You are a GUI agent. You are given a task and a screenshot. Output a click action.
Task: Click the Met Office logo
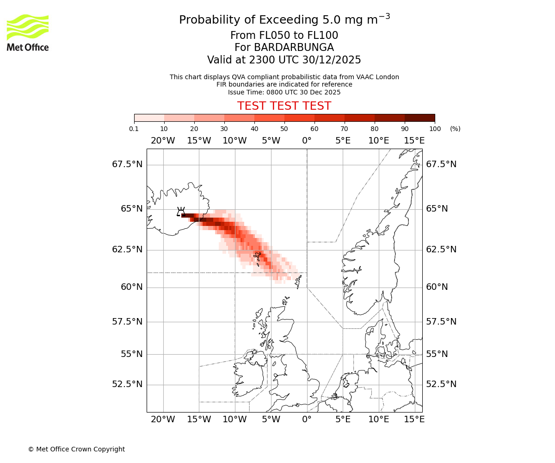28,32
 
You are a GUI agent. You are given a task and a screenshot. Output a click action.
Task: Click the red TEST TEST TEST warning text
284,106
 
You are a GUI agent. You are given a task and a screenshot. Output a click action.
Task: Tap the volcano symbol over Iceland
181,212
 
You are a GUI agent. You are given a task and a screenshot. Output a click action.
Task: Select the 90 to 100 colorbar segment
419,118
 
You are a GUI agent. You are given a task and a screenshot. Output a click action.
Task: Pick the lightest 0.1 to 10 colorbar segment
149,118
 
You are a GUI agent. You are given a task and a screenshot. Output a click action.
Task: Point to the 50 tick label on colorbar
284,129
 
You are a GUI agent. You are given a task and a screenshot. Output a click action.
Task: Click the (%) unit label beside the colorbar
455,129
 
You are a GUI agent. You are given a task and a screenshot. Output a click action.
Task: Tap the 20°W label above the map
163,141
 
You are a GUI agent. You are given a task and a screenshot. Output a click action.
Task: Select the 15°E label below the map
414,419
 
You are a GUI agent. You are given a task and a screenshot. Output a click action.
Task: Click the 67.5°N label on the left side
127,164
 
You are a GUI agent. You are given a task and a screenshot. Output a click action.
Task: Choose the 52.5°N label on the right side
441,384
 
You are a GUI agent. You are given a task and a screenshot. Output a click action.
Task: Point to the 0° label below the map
307,419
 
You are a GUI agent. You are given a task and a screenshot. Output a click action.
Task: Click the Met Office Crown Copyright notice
76,449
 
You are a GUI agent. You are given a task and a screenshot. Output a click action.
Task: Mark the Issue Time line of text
284,92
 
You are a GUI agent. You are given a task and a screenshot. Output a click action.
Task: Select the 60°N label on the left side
132,287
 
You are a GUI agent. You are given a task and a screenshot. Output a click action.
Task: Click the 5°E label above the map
343,141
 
